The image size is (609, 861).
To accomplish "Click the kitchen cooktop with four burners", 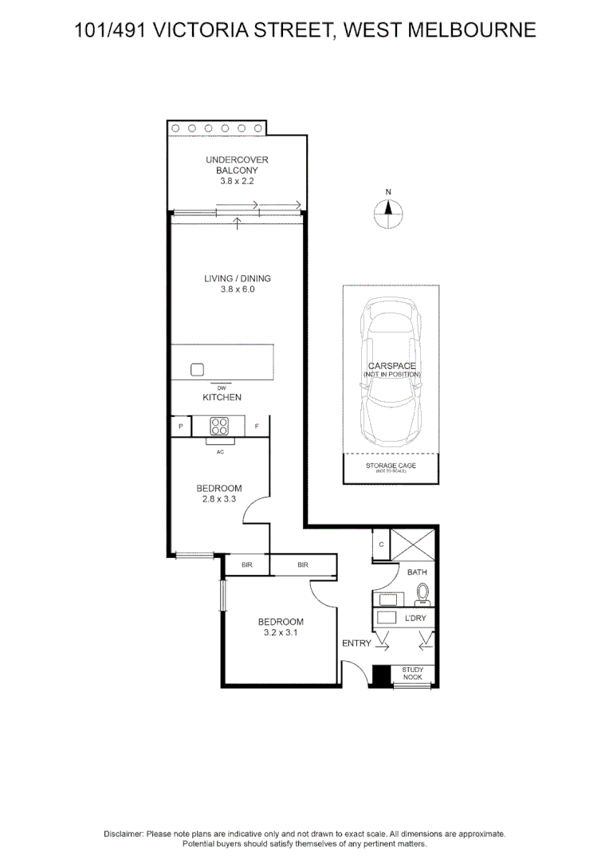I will pos(221,426).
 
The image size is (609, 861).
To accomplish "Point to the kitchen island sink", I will pos(198,369).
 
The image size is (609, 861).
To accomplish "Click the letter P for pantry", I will pos(181,427).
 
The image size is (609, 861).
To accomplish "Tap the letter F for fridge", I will pos(257,427).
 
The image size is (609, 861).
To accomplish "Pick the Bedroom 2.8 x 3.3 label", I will pos(219,493).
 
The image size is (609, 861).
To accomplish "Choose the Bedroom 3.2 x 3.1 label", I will pos(280,627).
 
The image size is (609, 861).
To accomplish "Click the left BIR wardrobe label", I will pos(246,565).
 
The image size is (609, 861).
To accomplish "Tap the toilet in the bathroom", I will pos(422,594).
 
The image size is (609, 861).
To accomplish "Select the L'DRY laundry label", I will pos(415,618).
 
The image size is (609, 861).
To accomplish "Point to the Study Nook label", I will pos(413,674).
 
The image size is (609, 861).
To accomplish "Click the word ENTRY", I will pos(356,643).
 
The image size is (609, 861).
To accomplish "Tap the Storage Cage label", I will pos(391,466).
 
